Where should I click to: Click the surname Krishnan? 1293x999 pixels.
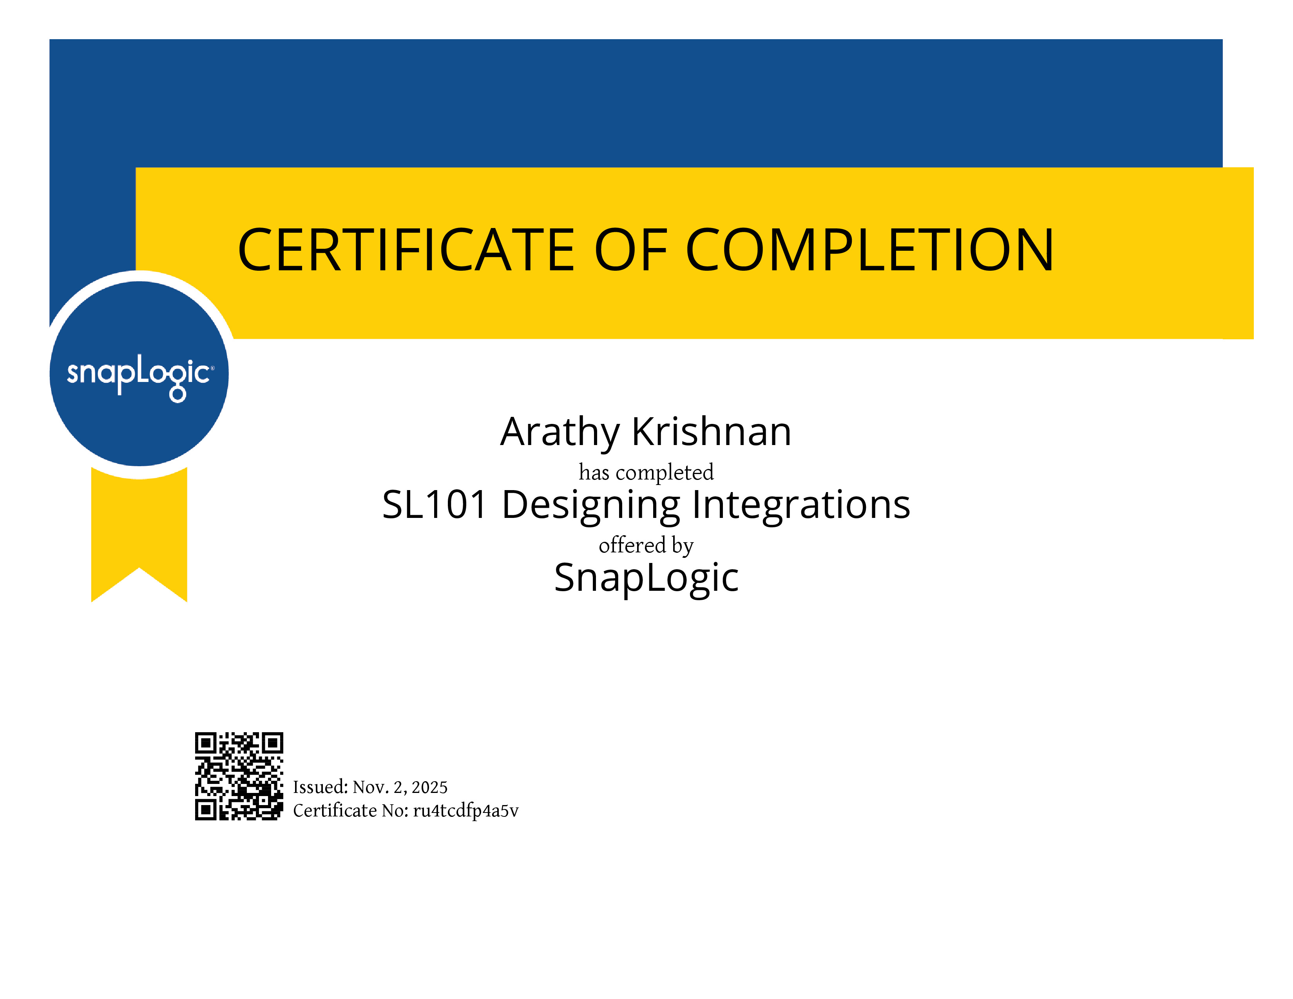pyautogui.click(x=712, y=431)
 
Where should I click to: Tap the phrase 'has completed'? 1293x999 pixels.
pyautogui.click(x=646, y=472)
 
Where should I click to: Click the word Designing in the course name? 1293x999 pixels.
pyautogui.click(x=591, y=507)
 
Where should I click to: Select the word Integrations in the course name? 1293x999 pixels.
pyautogui.click(x=801, y=507)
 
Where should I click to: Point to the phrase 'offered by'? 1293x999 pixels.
pyautogui.click(x=646, y=545)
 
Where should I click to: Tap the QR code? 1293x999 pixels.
pyautogui.click(x=239, y=776)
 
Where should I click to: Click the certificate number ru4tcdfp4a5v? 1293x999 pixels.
pyautogui.click(x=465, y=811)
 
